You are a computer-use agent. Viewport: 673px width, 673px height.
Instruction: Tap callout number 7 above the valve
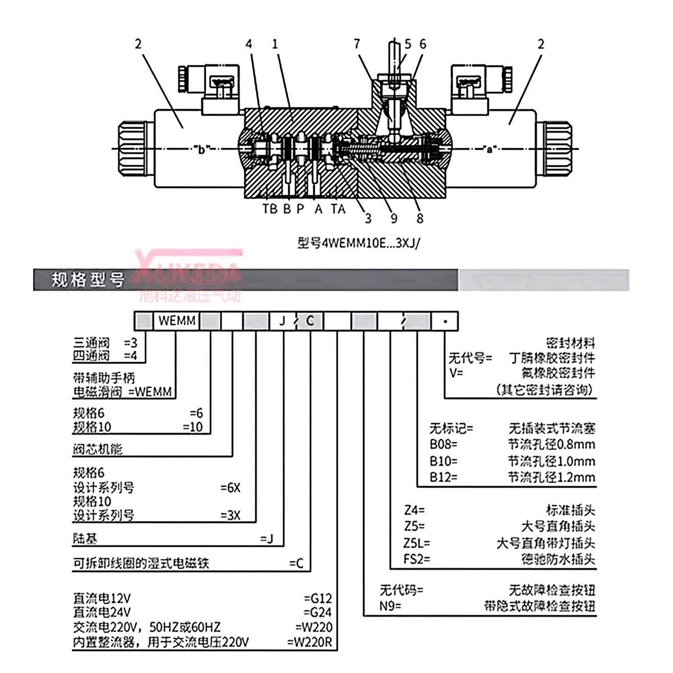[x=357, y=44]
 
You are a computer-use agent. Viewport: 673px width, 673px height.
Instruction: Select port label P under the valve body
[x=301, y=209]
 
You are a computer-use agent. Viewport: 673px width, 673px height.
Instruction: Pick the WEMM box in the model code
[x=177, y=321]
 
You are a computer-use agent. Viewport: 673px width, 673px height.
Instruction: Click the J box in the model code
[x=282, y=321]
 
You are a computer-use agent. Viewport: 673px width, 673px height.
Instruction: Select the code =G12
[x=318, y=598]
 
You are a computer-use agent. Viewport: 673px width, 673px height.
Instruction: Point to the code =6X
[x=230, y=488]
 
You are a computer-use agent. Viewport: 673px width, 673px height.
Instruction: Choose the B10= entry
[x=444, y=462]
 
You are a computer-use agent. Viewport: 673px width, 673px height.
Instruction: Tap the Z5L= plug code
[x=417, y=543]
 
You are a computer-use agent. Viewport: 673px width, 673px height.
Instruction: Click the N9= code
[x=390, y=606]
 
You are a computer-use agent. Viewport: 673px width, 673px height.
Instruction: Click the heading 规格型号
[x=87, y=279]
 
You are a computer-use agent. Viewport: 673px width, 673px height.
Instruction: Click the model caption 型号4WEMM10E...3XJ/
[x=358, y=244]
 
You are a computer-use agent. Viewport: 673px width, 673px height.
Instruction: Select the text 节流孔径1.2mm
[x=551, y=478]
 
